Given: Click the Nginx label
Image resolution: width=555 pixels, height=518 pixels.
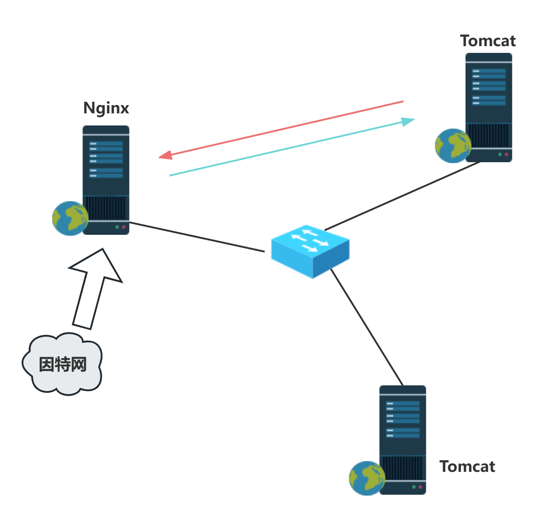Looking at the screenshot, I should (x=106, y=108).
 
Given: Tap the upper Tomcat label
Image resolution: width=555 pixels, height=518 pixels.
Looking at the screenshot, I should (x=488, y=41).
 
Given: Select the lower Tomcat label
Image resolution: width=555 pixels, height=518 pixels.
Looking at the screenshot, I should (x=467, y=467).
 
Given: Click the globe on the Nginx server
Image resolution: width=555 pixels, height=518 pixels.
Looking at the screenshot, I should (x=70, y=218).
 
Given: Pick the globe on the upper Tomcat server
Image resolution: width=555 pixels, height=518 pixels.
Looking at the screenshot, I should (x=453, y=146).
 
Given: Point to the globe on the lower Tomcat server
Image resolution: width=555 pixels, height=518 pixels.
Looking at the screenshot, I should (x=367, y=478).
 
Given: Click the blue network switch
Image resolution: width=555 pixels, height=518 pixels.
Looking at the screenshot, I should (x=310, y=251).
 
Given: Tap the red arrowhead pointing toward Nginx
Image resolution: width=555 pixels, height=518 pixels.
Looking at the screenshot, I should (x=165, y=155).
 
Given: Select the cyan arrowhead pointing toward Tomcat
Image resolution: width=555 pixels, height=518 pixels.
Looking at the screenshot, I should (x=408, y=121).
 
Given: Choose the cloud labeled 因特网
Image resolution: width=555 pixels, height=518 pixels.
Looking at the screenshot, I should (x=62, y=364).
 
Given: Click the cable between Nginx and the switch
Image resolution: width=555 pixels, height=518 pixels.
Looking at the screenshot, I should (x=197, y=237).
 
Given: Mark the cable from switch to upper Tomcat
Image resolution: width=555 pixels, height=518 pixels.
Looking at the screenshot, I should (x=403, y=195).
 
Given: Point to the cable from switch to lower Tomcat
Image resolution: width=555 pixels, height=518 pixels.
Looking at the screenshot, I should (x=367, y=327).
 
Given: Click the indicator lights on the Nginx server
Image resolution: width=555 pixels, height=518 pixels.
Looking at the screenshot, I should (x=120, y=227).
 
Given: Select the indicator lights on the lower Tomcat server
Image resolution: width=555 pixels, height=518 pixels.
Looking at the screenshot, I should (x=417, y=487).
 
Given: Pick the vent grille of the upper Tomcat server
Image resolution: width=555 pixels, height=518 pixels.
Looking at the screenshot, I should (x=489, y=135).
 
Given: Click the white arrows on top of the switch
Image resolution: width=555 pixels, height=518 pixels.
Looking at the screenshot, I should (x=309, y=240).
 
